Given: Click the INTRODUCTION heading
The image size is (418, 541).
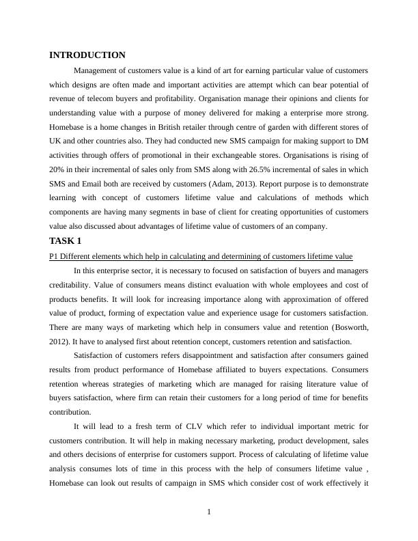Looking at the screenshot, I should click(87, 55).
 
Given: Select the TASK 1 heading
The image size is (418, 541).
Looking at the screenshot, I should click(69, 241).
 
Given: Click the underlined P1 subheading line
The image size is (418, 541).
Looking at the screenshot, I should click(201, 256).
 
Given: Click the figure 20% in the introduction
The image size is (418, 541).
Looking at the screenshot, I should click(57, 169).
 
